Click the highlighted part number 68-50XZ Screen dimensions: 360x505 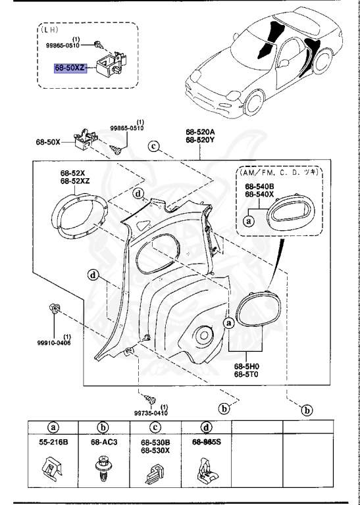point(70,68)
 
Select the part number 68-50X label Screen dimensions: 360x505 point(48,142)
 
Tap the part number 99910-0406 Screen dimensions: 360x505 point(54,343)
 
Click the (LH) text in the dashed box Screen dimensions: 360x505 point(48,30)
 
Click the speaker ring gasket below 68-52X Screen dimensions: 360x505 point(79,216)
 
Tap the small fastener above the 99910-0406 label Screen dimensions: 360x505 point(54,308)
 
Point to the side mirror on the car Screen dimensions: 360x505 point(283,63)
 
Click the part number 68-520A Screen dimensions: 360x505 point(200,132)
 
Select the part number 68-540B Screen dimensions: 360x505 point(259,187)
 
